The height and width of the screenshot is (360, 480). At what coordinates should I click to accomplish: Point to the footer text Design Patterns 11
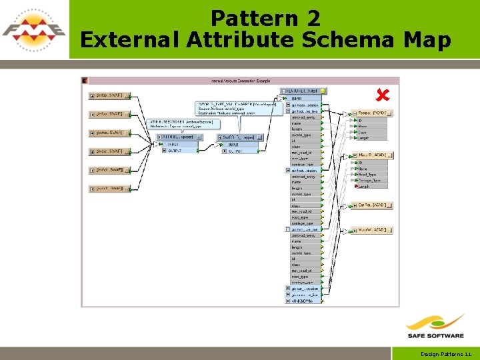446,354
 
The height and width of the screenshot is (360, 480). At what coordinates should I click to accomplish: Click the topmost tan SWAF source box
109,96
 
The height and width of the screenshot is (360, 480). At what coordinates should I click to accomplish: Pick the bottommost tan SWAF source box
109,189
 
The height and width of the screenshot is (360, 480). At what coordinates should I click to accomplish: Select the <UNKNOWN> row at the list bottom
304,301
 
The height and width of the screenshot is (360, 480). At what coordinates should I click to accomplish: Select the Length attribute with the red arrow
364,187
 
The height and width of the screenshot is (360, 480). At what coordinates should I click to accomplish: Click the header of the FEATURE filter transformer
303,91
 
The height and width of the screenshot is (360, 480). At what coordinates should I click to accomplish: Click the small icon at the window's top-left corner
85,81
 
